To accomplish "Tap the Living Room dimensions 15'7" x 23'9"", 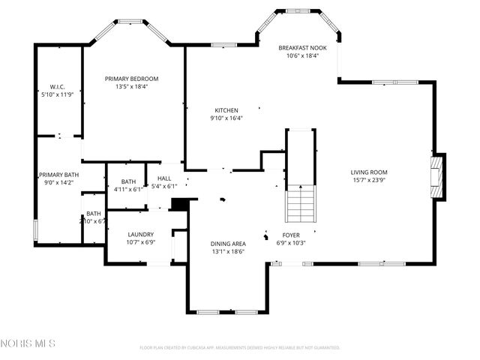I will coord(368,180).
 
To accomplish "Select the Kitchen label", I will coord(226,109).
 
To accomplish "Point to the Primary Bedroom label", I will coord(131,78).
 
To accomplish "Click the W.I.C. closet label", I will coord(58,86).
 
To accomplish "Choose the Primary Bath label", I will coord(59,174).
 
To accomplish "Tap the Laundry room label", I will coord(140,234).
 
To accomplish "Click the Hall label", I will coord(163,178).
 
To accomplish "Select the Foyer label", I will coord(291,234).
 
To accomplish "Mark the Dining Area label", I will coord(228,244).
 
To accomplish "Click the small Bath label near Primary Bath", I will coord(93,214).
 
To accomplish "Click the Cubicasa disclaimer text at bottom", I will coord(240,347).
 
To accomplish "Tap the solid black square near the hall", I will coord(178,203).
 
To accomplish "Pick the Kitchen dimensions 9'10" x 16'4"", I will coord(226,117).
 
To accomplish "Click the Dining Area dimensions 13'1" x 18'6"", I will coord(228,252).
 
